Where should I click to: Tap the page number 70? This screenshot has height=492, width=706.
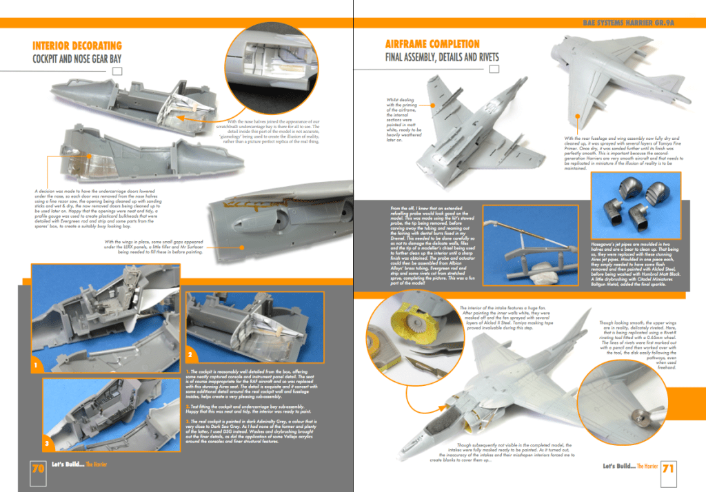pyautogui.click(x=38, y=469)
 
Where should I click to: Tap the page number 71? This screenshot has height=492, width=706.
pyautogui.click(x=667, y=469)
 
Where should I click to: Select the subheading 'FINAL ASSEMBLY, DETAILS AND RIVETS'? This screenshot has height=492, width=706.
pyautogui.click(x=441, y=57)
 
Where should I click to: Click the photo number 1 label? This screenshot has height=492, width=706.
pyautogui.click(x=33, y=362)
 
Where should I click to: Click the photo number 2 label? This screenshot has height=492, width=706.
pyautogui.click(x=190, y=354)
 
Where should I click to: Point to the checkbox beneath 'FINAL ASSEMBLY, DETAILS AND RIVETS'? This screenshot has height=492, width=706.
pyautogui.click(x=494, y=70)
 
